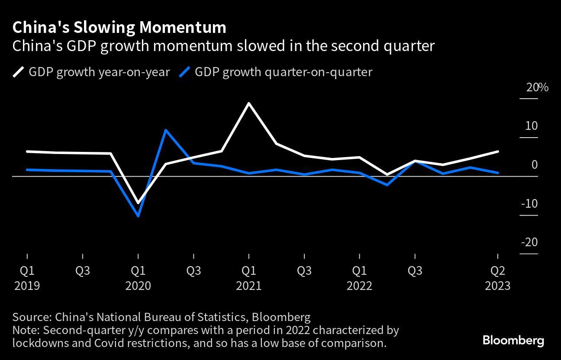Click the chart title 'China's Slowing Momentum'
point(119,27)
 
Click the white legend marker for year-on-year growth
point(19,72)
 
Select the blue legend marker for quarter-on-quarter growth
point(185,72)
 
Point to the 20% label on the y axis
point(537,87)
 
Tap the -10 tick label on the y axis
point(529,203)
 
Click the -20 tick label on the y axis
point(529,242)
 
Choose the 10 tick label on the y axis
point(532,126)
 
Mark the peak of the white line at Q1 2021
point(248,103)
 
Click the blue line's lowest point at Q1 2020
point(138,216)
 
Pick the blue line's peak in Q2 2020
point(165,130)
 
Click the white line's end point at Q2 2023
point(498,151)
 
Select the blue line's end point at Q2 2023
point(498,173)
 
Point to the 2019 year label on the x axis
point(27,286)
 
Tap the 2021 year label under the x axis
point(248,286)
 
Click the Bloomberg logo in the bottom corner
point(513,340)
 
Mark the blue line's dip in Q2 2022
point(387,185)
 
